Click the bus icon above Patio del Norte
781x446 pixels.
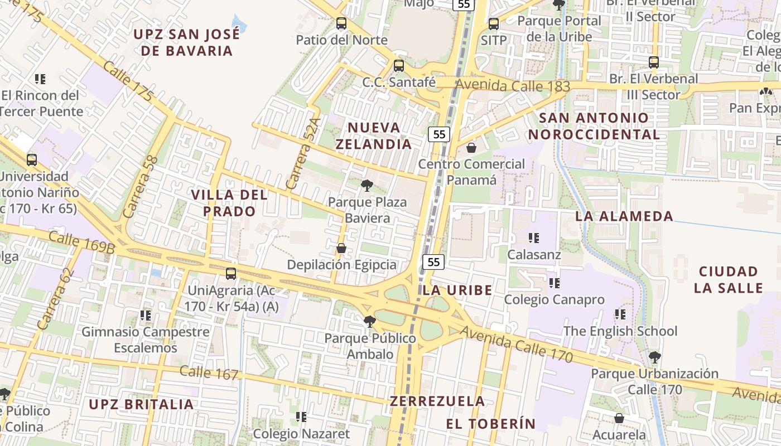tap(341, 23)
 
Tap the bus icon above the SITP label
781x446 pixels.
tap(493, 24)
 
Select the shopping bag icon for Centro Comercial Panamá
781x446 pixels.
tap(471, 148)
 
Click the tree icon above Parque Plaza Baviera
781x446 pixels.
tap(367, 186)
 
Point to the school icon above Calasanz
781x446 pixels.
tap(534, 238)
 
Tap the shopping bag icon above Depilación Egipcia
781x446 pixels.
tap(341, 248)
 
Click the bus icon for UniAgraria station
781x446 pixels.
tap(231, 274)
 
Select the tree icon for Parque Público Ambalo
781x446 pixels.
tap(369, 322)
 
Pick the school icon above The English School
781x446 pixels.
tap(620, 314)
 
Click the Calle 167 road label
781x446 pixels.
tap(209, 373)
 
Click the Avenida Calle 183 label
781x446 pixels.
tap(513, 86)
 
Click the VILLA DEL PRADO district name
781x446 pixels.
tap(229, 203)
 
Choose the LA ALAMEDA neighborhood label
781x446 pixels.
tap(624, 216)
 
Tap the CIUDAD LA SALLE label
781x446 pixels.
tap(728, 280)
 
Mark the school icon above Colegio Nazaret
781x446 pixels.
tap(301, 417)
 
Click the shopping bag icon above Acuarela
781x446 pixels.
tap(619, 418)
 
